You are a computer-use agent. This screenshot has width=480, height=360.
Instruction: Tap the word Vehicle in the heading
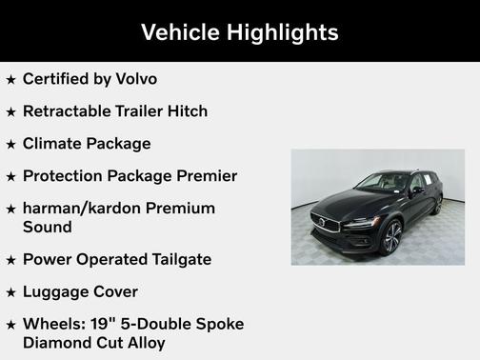[x=180, y=32]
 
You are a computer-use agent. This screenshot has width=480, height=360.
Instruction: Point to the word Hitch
[x=187, y=111]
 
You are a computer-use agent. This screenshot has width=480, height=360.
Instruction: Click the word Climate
[x=53, y=144]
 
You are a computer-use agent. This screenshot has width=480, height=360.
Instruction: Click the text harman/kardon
[x=86, y=209]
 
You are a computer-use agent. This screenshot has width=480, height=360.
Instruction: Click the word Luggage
[x=57, y=292]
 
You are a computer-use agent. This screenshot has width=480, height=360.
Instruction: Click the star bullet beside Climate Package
[x=10, y=145]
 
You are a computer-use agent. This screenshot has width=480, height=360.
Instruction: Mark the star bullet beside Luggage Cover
[x=10, y=293]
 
